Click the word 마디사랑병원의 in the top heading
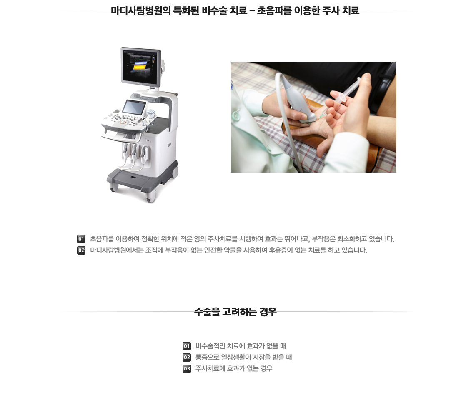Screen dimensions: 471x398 (141, 10)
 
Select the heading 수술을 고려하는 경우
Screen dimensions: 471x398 (235, 312)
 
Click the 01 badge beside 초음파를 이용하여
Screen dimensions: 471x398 (81, 239)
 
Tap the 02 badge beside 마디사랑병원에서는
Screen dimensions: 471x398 (81, 250)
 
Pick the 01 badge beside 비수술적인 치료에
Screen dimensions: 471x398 (187, 346)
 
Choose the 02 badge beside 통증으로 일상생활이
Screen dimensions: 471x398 (187, 358)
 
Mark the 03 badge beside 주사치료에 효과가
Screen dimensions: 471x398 (187, 368)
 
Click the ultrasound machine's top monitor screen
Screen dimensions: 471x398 (140, 66)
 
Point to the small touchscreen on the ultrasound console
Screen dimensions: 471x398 (134, 107)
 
